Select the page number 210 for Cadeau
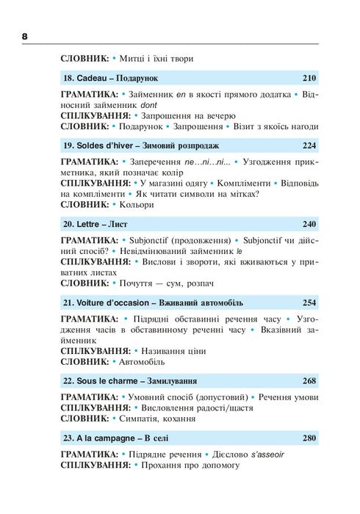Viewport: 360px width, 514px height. [x=309, y=77]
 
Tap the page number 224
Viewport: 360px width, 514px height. [x=309, y=145]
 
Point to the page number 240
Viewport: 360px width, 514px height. [x=309, y=224]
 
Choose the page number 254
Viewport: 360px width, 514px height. [x=309, y=303]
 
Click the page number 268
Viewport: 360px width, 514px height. [x=309, y=381]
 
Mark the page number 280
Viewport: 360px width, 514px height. [x=309, y=439]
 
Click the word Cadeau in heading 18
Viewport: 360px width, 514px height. [x=93, y=77]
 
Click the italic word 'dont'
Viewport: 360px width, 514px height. [x=149, y=105]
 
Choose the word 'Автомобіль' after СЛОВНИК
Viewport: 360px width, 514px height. [x=144, y=361]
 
